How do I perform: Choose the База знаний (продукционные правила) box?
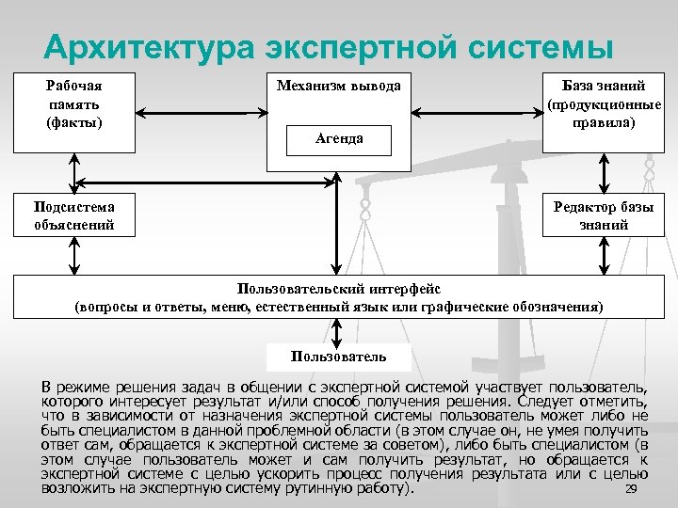[604, 104]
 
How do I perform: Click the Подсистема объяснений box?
[73, 216]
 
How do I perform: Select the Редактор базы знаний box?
[604, 216]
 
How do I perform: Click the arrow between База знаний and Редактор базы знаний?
[604, 173]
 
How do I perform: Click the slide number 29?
[632, 490]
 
